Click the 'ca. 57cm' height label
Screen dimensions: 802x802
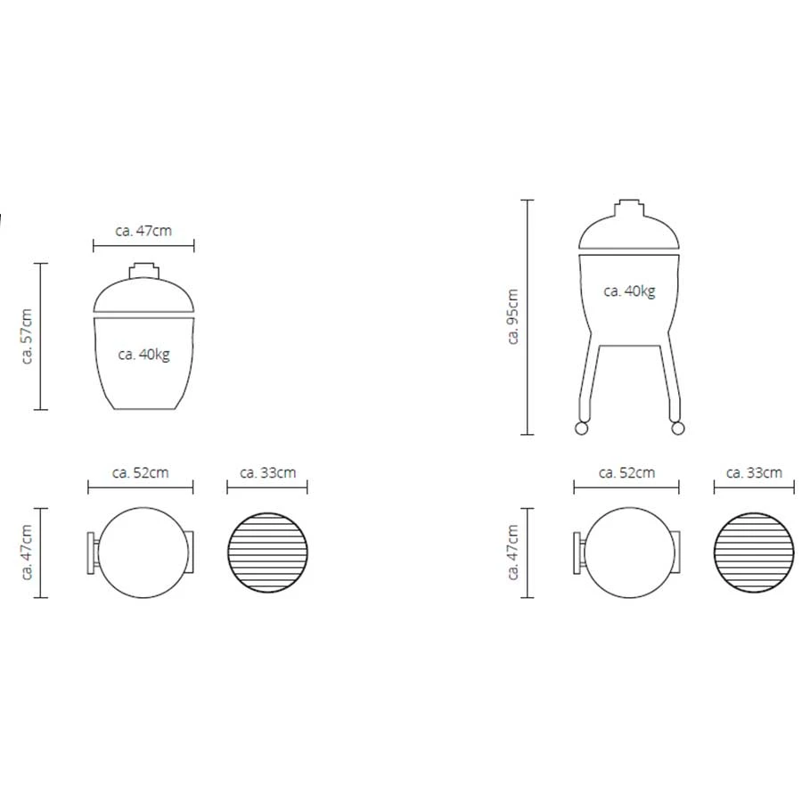tap(27, 336)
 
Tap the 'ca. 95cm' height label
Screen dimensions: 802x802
tap(513, 316)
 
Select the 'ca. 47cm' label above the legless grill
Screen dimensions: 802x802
tap(143, 231)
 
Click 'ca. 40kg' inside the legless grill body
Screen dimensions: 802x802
tap(143, 355)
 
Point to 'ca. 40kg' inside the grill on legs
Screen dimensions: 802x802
tap(629, 291)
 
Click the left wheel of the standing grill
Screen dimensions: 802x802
tap(581, 428)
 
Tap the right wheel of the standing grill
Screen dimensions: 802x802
tap(678, 428)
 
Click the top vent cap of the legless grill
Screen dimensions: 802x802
tap(143, 271)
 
